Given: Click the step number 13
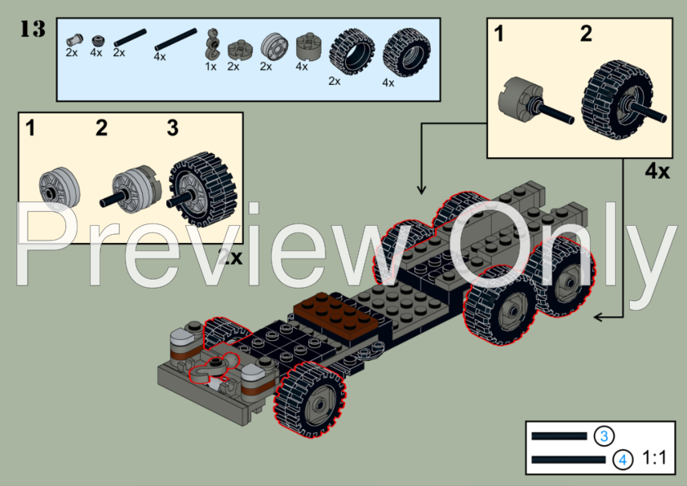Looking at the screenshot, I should click(x=32, y=29).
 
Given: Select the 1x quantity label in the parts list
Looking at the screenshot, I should click(x=211, y=67).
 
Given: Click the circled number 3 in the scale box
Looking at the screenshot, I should click(x=604, y=436).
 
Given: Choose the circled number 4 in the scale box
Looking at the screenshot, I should click(x=623, y=460).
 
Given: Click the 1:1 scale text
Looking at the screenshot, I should click(x=654, y=459).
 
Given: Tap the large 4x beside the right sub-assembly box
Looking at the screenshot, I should click(x=657, y=173).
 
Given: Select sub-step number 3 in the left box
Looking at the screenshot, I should click(x=172, y=128).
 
